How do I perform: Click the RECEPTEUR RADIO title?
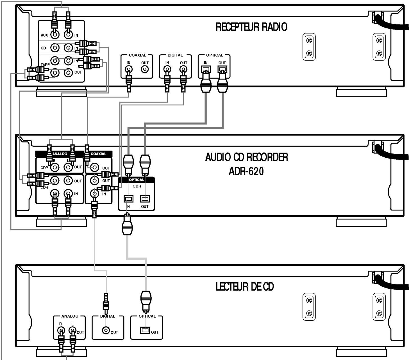(251, 27)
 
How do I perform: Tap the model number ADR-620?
(246, 171)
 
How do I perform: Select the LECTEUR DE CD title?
(245, 287)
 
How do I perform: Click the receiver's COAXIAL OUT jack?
(145, 69)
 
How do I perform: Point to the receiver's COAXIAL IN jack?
(129, 69)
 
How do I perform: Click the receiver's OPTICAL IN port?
(206, 69)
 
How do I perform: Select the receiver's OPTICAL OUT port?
(222, 69)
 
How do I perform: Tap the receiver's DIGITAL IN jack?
(167, 69)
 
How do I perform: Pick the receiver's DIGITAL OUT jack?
(183, 69)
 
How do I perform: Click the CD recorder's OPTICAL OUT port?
(145, 199)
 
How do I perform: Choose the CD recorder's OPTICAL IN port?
(128, 199)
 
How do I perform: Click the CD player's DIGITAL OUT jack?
(106, 330)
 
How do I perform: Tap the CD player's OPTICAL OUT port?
(145, 330)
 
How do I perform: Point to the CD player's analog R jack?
(61, 331)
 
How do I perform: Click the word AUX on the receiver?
(44, 35)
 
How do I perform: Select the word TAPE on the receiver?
(45, 65)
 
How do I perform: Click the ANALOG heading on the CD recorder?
(60, 154)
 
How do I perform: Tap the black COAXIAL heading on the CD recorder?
(98, 154)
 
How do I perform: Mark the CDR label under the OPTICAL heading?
(137, 186)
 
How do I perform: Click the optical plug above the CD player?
(146, 301)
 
